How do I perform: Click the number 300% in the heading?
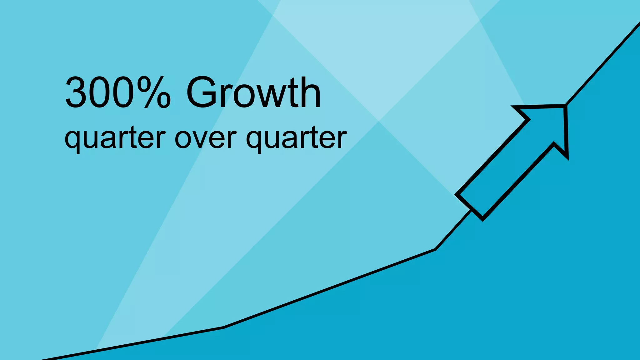[118, 93]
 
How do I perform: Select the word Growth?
[253, 93]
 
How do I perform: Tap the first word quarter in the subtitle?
[115, 138]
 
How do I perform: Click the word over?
[205, 138]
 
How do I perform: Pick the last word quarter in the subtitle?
[296, 138]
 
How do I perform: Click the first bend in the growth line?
[224, 327]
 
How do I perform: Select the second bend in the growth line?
[435, 249]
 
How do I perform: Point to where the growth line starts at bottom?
[42, 359]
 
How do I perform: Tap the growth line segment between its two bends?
[330, 288]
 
